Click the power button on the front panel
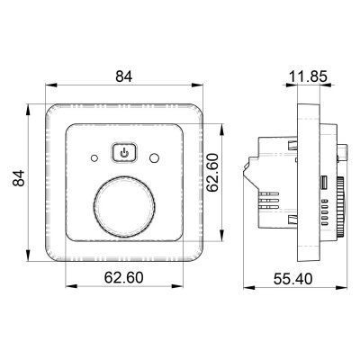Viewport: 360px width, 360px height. click(124, 153)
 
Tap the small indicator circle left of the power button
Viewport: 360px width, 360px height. click(94, 157)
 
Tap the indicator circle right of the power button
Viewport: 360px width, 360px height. click(155, 157)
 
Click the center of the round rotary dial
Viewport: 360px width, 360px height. click(124, 207)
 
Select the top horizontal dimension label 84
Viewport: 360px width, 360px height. click(124, 76)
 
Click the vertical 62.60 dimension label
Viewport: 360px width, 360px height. click(212, 172)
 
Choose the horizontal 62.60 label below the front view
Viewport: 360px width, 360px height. click(124, 277)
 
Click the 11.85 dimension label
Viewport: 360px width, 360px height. click(308, 76)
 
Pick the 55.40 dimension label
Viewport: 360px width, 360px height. click(292, 279)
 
